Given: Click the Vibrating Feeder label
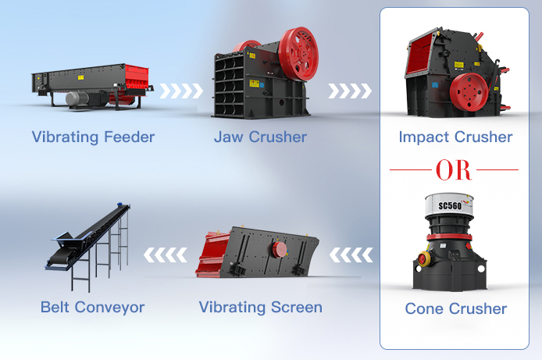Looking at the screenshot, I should [x=93, y=137].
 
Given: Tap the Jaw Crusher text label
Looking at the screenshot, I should [x=260, y=137].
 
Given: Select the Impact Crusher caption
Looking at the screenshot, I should [x=455, y=137].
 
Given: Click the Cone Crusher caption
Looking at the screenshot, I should [x=455, y=309].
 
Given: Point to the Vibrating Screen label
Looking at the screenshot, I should [x=260, y=307].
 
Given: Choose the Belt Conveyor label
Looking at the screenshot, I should [x=92, y=307].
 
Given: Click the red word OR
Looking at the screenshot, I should [x=455, y=169].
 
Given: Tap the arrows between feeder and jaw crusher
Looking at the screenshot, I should [x=182, y=91].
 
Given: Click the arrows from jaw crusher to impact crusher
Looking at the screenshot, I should [x=349, y=91].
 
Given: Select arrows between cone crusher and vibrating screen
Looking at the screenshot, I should [x=351, y=255].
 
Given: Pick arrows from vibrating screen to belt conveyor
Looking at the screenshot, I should [x=166, y=255].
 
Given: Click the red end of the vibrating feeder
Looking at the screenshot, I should [x=136, y=79].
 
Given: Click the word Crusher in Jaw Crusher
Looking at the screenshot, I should [x=278, y=137].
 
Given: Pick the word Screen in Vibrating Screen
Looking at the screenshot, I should [x=295, y=307].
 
